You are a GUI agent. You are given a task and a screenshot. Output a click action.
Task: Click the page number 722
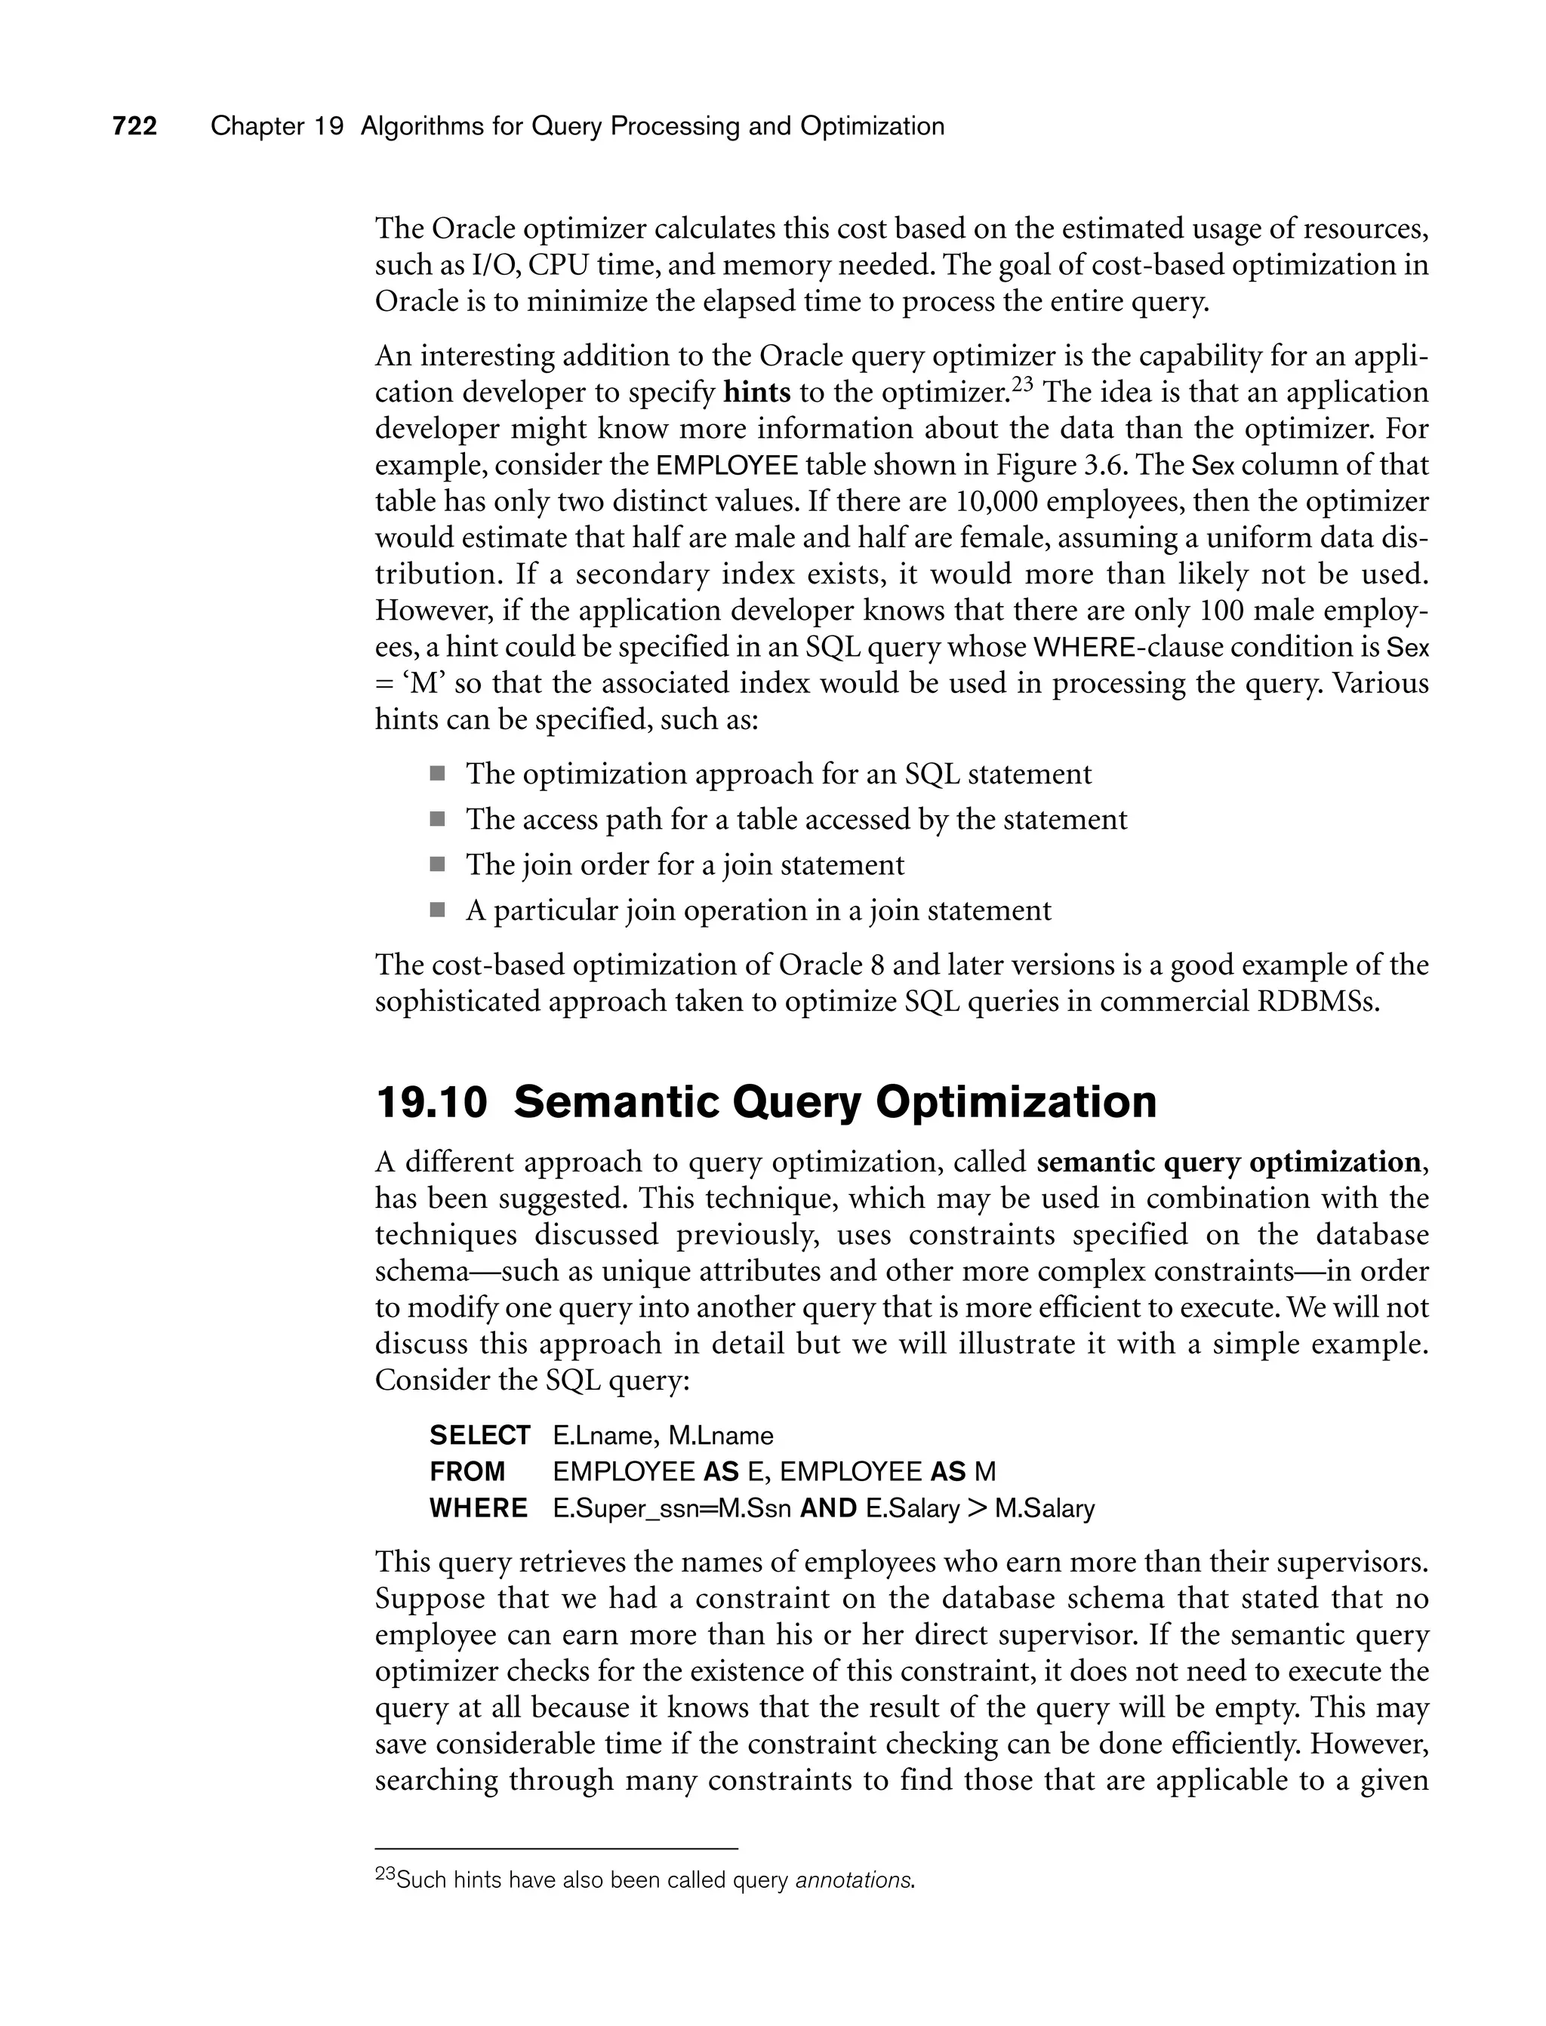[135, 126]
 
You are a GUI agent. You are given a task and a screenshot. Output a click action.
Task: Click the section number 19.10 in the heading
[431, 1102]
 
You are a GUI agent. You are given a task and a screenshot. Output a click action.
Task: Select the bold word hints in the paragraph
[756, 393]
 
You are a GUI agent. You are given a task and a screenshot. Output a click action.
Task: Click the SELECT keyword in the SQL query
[479, 1435]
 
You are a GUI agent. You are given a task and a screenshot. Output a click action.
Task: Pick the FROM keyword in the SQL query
[467, 1472]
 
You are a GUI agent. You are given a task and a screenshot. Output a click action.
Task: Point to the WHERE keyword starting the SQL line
[479, 1509]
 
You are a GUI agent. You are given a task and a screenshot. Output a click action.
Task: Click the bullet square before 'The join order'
[437, 864]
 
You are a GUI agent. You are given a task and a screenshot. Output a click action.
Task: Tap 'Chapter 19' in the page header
[276, 126]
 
